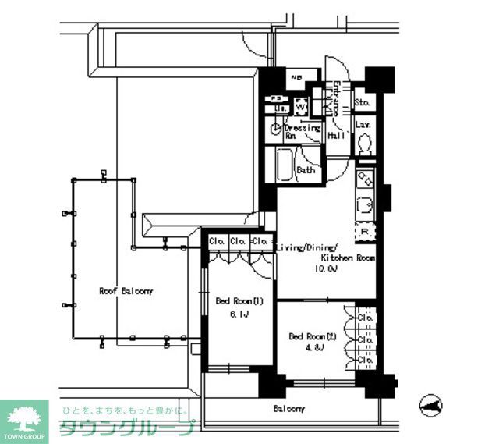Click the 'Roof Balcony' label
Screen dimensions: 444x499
126,291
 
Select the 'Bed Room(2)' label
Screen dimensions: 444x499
312,336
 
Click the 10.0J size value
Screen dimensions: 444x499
326,268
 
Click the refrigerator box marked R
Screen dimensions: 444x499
364,231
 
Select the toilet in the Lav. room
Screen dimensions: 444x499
363,143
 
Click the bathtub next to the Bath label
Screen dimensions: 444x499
284,165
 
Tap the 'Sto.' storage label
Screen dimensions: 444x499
362,102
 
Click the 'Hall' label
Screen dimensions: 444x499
337,135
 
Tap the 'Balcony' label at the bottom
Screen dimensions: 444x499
288,409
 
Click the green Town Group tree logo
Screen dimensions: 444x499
24,417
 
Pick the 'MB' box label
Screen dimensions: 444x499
296,77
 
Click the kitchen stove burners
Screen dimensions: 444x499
365,180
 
